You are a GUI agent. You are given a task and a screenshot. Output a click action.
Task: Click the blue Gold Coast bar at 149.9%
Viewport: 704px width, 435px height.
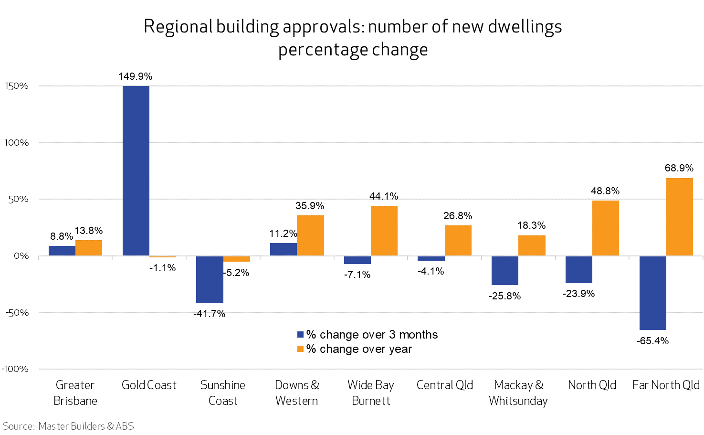tap(136, 170)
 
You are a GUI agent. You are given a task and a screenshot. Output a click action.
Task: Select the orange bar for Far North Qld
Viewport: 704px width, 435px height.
tap(679, 217)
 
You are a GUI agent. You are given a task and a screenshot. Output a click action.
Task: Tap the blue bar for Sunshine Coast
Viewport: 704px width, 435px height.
tap(210, 280)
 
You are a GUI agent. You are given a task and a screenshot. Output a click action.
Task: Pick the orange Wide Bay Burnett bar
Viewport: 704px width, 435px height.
tap(384, 231)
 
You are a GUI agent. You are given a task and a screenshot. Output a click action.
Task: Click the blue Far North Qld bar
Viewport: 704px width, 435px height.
tap(652, 293)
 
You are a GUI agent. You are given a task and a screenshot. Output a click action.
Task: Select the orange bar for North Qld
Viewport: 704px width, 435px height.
tap(605, 228)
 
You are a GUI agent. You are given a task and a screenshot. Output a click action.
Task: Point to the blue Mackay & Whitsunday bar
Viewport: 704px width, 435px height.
tap(505, 271)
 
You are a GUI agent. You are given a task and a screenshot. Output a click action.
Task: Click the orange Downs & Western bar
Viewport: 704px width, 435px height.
tap(310, 235)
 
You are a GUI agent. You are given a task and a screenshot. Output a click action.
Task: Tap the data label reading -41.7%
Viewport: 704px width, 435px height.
tap(209, 314)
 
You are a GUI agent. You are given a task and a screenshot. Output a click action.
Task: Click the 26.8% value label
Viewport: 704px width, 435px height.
tap(457, 216)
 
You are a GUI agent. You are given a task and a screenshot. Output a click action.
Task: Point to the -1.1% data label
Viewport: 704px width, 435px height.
tap(162, 268)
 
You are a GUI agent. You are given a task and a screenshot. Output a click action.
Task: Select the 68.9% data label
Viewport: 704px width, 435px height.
tap(679, 168)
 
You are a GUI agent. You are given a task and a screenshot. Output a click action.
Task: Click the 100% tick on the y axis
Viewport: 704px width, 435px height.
tap(17, 143)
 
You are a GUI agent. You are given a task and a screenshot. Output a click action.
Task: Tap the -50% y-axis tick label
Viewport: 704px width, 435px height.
tap(17, 313)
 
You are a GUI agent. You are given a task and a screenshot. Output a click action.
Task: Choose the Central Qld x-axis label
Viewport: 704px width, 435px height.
tap(444, 385)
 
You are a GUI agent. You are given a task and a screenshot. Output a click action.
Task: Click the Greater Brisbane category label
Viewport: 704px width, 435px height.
tap(75, 393)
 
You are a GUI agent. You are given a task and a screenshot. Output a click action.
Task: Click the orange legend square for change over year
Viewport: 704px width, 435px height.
tap(300, 349)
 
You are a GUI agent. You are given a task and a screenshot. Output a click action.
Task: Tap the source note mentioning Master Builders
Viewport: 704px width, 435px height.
tap(68, 426)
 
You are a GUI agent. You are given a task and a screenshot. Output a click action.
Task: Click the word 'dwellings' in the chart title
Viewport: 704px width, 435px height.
tap(525, 27)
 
